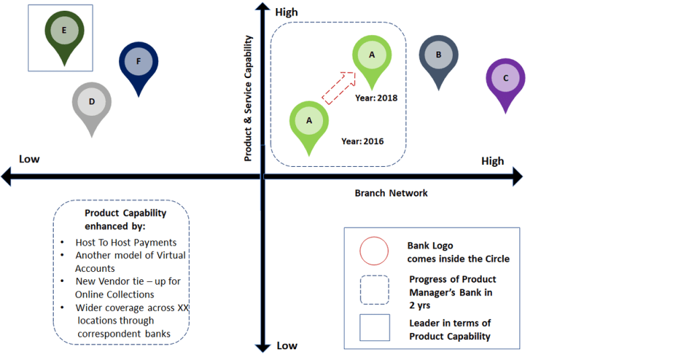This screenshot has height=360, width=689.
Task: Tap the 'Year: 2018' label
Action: [x=376, y=98]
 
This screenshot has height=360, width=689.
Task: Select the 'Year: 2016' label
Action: [x=363, y=141]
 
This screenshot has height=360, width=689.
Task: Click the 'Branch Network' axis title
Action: [x=391, y=193]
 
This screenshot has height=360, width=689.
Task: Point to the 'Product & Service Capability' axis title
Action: [x=248, y=98]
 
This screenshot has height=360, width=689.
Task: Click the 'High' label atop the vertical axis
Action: [x=287, y=12]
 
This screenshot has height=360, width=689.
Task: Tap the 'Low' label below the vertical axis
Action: [x=287, y=345]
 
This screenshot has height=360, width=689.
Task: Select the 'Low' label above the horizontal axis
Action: [x=29, y=159]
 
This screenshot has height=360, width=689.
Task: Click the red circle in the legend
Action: [x=374, y=252]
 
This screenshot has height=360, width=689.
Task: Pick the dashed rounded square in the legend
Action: [x=374, y=289]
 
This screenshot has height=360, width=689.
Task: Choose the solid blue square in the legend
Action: [x=374, y=329]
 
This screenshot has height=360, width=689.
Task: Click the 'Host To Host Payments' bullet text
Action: [x=126, y=242]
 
